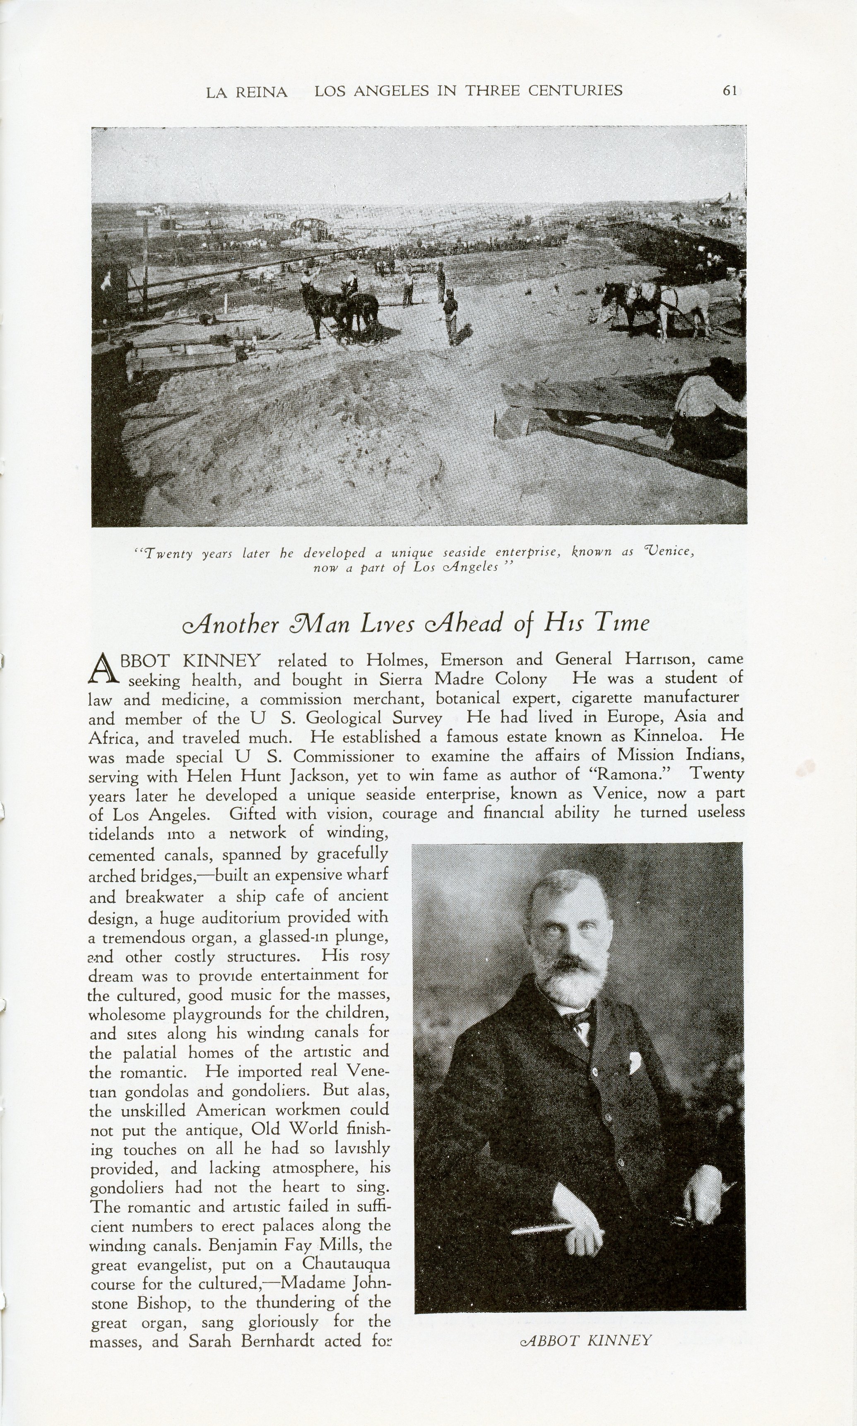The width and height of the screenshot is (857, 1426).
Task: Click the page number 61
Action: click(x=729, y=91)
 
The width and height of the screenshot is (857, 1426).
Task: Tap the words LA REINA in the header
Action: click(x=247, y=92)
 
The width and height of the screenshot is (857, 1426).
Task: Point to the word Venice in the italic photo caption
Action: click(x=667, y=551)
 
